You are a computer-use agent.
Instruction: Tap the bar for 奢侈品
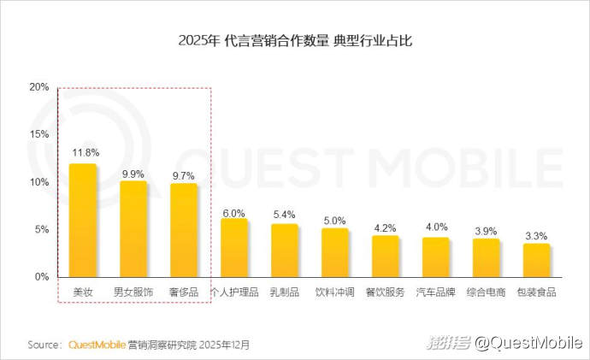pos(184,231)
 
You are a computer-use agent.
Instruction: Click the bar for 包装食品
pos(537,260)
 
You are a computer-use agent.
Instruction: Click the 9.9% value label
pos(133,173)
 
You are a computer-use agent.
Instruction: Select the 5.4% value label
pos(284,214)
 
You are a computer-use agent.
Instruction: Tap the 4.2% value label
pos(386,227)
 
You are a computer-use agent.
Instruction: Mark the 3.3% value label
pos(537,235)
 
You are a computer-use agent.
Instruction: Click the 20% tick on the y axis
pos(38,87)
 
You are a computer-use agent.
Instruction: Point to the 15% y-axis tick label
pos(38,135)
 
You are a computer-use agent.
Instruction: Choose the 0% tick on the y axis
pos(41,277)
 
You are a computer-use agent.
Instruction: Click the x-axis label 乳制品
pos(284,292)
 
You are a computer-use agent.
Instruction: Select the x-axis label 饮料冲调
pos(334,292)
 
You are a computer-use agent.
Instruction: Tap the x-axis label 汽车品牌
pos(436,292)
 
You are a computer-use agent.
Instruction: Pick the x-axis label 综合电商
pos(487,292)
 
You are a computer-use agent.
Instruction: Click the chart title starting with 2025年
pos(296,40)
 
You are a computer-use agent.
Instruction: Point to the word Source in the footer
pos(44,345)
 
